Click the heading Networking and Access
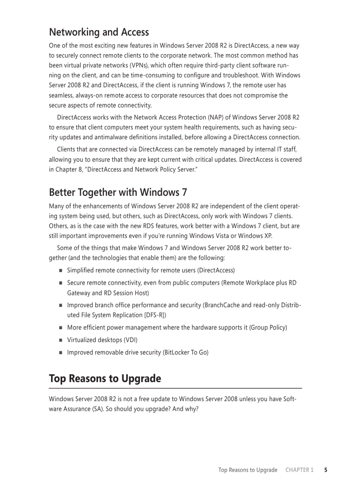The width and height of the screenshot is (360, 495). pos(99,32)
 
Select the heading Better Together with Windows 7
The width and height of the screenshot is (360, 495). pos(118,193)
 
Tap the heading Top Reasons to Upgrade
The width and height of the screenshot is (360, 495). pos(105,379)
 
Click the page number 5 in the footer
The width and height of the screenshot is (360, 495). pos(326,470)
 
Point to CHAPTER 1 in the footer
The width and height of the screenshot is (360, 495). pos(299,470)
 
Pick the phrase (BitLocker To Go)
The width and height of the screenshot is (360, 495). pos(186,353)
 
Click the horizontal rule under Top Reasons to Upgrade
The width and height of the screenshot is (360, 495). pos(175,388)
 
